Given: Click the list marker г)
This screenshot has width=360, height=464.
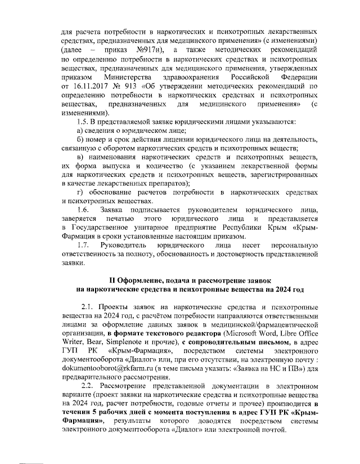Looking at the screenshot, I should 81,193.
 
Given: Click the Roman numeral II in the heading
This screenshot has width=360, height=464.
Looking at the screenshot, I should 112,280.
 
